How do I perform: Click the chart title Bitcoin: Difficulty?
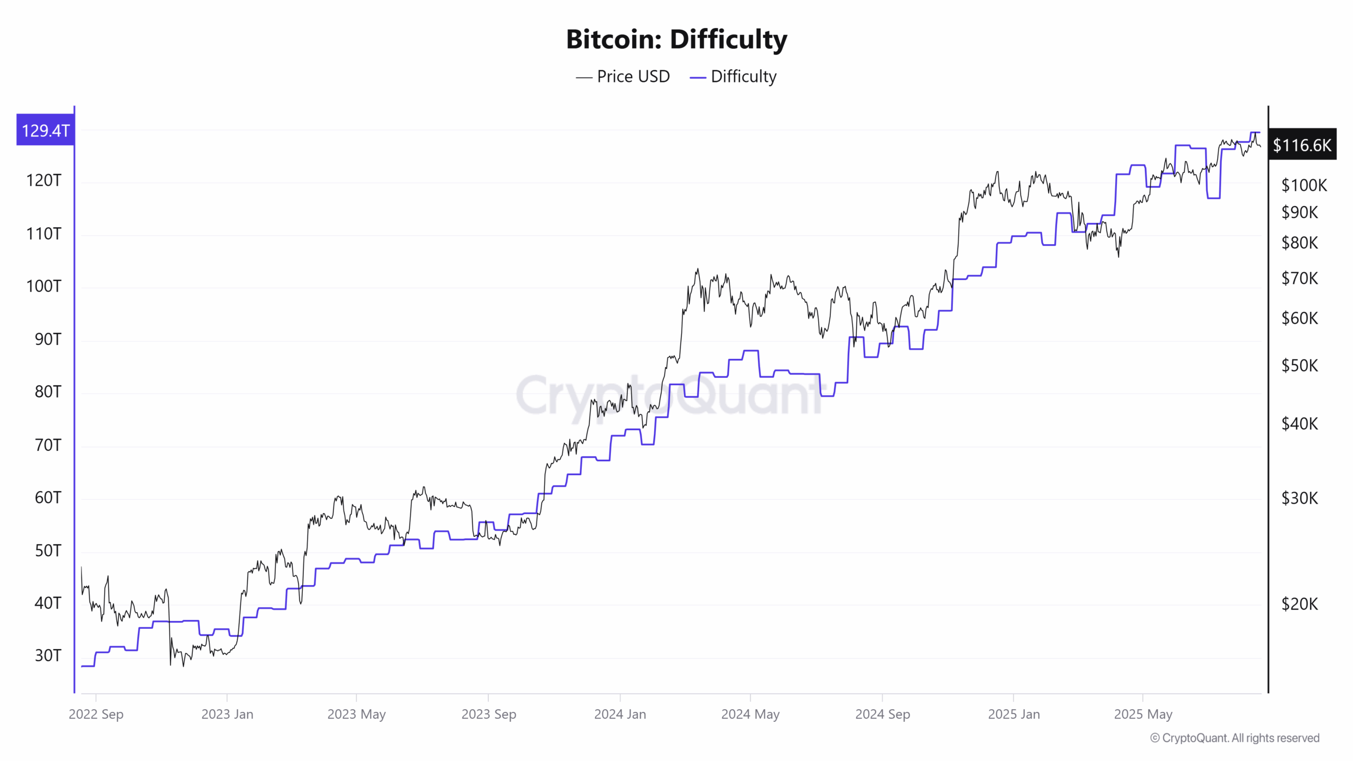pos(676,40)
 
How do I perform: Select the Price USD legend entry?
pos(624,77)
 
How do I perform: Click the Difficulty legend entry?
pos(734,77)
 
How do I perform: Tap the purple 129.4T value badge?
pos(45,130)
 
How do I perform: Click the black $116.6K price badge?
pos(1302,145)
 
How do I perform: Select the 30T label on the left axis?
pos(48,655)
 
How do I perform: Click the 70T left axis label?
pos(48,445)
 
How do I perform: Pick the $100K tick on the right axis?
pos(1304,185)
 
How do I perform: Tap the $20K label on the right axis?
pos(1300,604)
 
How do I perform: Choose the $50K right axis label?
pos(1300,365)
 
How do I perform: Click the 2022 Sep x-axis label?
pos(96,714)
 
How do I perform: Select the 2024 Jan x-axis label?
pos(620,714)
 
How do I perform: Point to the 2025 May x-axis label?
pos(1143,714)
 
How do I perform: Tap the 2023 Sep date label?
pos(488,714)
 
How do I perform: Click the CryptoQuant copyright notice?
pos(1235,738)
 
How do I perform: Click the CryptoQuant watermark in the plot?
pos(669,395)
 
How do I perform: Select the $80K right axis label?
pos(1300,243)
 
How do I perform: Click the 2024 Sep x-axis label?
pos(883,714)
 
